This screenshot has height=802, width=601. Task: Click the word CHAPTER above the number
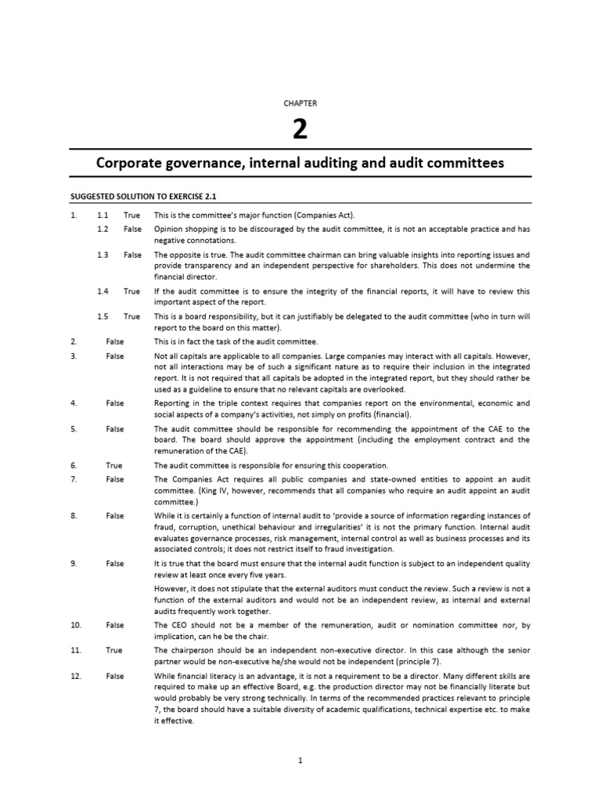tap(300, 103)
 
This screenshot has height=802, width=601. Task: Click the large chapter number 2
tap(300, 129)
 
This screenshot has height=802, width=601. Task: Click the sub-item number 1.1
tap(103, 215)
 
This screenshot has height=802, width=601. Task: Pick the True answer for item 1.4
tap(131, 291)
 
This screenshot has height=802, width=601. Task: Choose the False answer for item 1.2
tap(132, 229)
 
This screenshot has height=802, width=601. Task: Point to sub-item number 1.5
tap(103, 316)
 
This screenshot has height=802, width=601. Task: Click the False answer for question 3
tap(115, 356)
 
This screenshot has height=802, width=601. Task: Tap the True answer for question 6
tap(114, 465)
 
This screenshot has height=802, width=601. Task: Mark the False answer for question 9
tap(115, 563)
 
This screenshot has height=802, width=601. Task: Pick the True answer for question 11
tap(114, 650)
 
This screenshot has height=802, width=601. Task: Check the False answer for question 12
tap(115, 675)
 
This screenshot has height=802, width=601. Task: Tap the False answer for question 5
tap(115, 429)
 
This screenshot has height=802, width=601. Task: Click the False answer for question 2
tap(115, 341)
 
